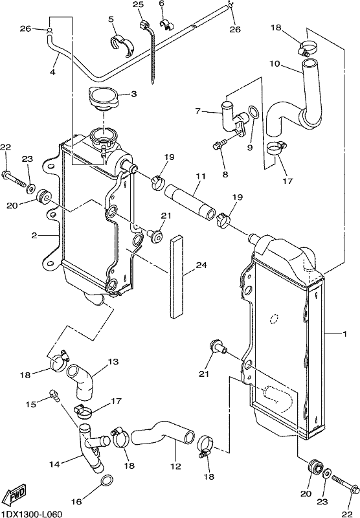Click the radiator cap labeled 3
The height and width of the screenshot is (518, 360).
point(102,98)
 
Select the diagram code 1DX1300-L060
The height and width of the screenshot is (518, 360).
point(31,514)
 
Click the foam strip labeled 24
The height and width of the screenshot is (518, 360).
point(177,276)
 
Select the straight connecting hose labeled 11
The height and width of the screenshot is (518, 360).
point(190,201)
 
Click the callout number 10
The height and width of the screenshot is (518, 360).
point(275,63)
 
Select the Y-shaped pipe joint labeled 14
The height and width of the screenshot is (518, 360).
point(91,448)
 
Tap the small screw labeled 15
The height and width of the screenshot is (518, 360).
point(54,395)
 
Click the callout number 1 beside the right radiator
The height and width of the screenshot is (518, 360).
point(345,334)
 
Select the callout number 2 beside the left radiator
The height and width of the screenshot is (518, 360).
point(34,235)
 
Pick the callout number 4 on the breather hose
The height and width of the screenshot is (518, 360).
point(52,72)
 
